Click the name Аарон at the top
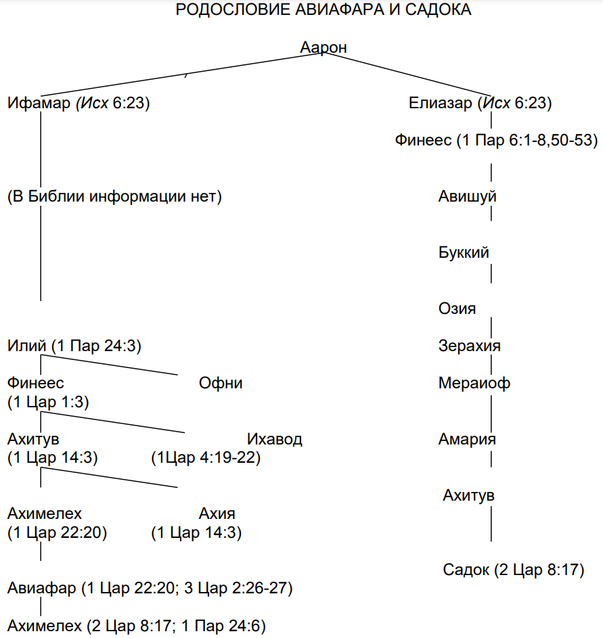pos(323,47)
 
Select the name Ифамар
pos(39,103)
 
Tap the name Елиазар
pos(441,103)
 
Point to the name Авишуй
pos(468,196)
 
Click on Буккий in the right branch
pos(464,252)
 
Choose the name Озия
pos(457,309)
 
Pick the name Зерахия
pos(470,346)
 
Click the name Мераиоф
pos(474,384)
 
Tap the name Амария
pos(467,440)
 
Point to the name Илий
pos(27,346)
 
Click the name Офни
pos(221,384)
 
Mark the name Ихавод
pos(275,440)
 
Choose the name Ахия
pos(217,514)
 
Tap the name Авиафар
pos(41,589)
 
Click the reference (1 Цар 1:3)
pos(48,402)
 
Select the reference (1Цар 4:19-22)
pos(206,458)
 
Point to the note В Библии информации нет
pos(114,196)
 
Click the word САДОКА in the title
pos(439,9)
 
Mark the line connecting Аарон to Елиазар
pos(407,74)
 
